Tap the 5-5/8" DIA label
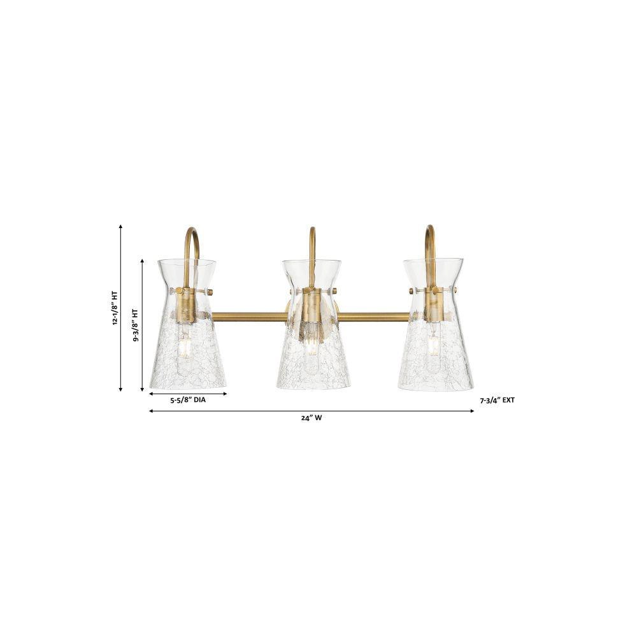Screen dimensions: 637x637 pos(188,400)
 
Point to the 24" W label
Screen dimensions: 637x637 pos(311,418)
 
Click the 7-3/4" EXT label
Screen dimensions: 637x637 pos(497,400)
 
